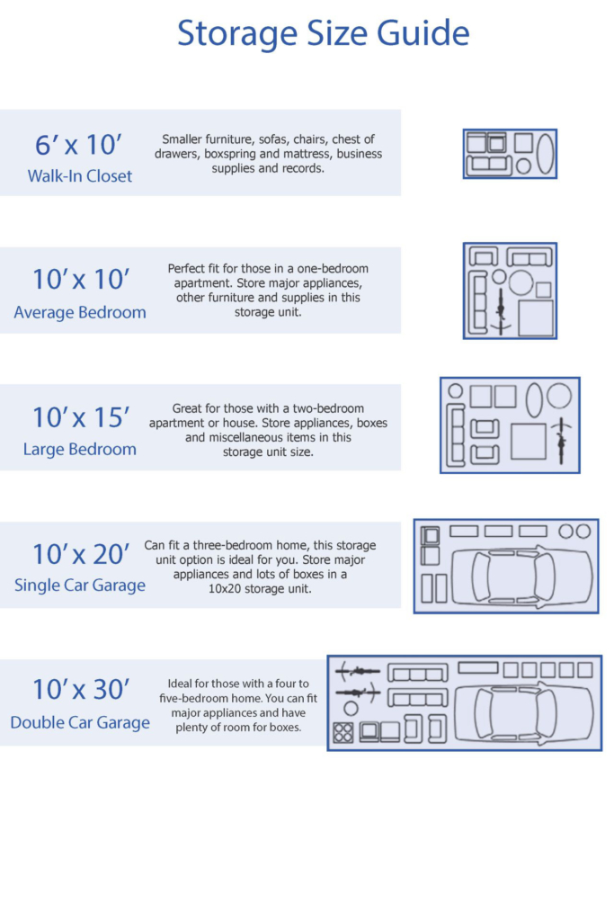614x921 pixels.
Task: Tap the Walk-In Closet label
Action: pyautogui.click(x=79, y=176)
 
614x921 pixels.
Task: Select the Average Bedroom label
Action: pyautogui.click(x=80, y=313)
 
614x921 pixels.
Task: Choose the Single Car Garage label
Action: pyautogui.click(x=80, y=586)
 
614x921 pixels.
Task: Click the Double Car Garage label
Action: pyautogui.click(x=80, y=722)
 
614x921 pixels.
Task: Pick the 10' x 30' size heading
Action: pyautogui.click(x=80, y=690)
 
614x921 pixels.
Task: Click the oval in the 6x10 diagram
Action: pyautogui.click(x=546, y=153)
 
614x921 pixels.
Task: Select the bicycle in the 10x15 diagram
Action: pyautogui.click(x=560, y=441)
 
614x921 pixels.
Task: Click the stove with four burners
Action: pyautogui.click(x=343, y=732)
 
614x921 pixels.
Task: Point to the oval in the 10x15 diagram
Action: pyautogui.click(x=534, y=400)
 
